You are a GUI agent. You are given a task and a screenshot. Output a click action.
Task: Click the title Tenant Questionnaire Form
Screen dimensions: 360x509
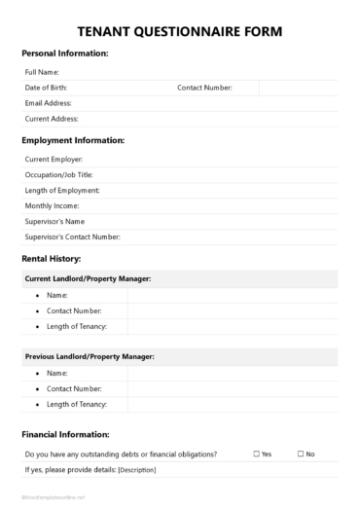coord(180,32)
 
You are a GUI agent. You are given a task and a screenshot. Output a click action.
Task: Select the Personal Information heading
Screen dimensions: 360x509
coord(64,54)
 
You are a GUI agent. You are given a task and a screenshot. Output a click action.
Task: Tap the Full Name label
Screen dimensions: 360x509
coord(42,72)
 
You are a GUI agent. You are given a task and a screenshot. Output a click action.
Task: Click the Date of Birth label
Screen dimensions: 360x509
coord(46,88)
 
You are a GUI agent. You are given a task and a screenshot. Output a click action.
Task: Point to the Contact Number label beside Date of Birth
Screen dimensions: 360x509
coord(204,88)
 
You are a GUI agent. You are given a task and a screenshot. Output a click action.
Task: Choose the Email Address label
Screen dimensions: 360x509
coord(48,103)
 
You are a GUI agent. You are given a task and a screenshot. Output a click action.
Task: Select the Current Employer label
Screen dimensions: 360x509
coord(54,159)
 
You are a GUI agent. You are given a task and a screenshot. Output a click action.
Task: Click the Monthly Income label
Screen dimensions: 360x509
coord(52,205)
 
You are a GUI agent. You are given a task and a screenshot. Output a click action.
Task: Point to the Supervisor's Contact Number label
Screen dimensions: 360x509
coord(72,236)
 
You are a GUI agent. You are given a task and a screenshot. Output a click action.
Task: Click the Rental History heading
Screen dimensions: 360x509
coord(51,259)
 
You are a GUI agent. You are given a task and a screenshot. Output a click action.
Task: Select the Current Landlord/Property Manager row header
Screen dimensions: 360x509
coord(88,279)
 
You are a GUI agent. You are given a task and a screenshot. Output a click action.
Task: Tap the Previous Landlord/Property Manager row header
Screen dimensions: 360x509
coord(90,357)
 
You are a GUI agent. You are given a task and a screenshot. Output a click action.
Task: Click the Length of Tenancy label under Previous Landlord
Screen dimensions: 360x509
coord(76,404)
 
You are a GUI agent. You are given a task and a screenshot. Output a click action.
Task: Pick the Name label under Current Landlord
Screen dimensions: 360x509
coord(57,295)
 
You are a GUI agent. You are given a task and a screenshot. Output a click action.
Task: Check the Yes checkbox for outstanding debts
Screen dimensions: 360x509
coord(256,454)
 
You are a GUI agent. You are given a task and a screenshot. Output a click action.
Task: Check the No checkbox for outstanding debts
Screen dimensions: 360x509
coord(300,454)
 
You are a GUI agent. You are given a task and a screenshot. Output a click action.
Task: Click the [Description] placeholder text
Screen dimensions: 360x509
coord(136,470)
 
